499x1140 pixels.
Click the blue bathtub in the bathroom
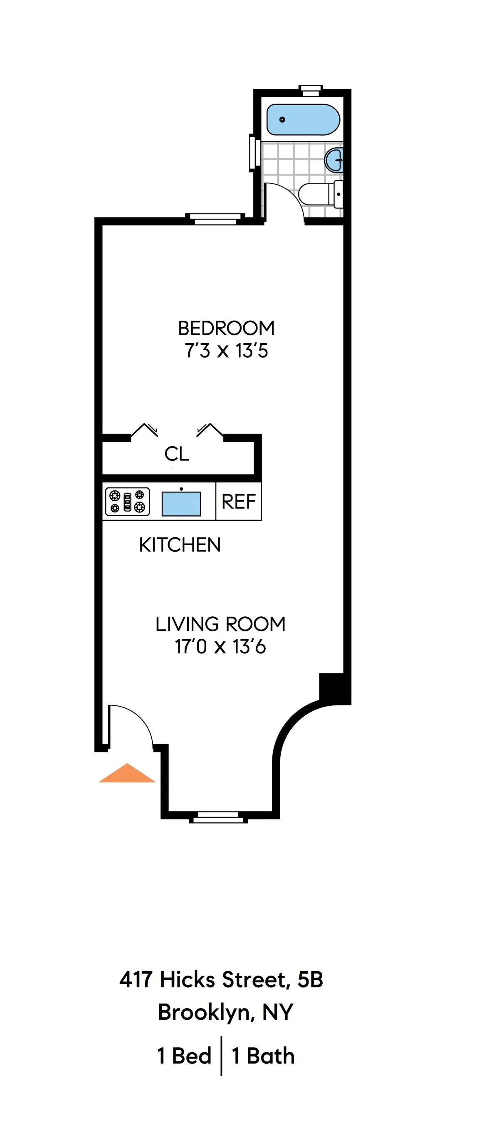303,119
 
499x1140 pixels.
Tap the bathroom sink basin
334,160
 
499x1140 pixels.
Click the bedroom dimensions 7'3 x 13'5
226,351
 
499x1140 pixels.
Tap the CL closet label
176,454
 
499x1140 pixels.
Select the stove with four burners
127,502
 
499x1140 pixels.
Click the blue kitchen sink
181,504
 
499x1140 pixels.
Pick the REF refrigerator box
238,502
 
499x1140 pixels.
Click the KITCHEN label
180,545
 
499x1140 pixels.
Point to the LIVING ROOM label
220,624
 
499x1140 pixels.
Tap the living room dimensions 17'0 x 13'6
220,647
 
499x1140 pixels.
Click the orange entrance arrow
127,774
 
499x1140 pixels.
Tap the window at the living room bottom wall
218,817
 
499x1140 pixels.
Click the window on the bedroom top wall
215,219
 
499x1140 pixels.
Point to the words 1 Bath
263,1056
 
